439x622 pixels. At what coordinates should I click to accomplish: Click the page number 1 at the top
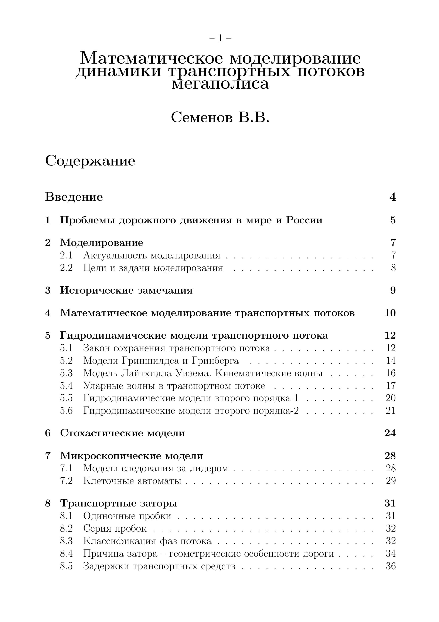coord(220,39)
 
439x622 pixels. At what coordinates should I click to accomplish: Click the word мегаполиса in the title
coord(220,84)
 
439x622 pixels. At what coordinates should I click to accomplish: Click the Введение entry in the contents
coord(74,197)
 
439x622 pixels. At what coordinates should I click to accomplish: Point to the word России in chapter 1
coord(304,220)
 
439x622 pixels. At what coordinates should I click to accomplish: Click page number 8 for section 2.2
coord(393,268)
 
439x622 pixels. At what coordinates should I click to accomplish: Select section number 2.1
coord(66,255)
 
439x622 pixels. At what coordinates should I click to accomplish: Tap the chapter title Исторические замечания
coord(126,290)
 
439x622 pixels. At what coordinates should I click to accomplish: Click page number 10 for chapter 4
coord(390,313)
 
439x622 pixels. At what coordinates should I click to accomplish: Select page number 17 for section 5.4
coord(391,386)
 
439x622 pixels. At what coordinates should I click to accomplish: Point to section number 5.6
coord(66,411)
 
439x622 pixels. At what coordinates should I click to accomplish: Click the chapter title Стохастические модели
coord(122,433)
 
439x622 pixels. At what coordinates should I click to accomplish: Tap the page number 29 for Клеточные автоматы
coord(391,481)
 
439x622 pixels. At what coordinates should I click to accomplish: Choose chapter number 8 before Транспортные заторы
coord(48,503)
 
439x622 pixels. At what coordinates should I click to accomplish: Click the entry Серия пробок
coord(115,528)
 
